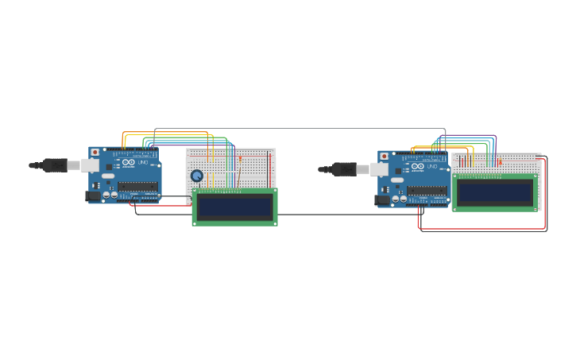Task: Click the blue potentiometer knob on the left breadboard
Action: point(197,176)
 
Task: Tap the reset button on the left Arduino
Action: point(95,152)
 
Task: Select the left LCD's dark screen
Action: point(234,207)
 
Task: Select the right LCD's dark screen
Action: point(495,192)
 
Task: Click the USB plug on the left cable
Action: point(56,165)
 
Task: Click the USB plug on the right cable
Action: point(345,169)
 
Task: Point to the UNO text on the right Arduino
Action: point(431,168)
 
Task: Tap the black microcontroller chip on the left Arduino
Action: point(138,187)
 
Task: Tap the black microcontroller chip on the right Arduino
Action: point(427,191)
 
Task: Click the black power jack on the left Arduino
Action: point(93,195)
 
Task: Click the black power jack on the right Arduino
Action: point(382,199)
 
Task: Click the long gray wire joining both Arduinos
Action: point(302,128)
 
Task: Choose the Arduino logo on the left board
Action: point(128,163)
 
